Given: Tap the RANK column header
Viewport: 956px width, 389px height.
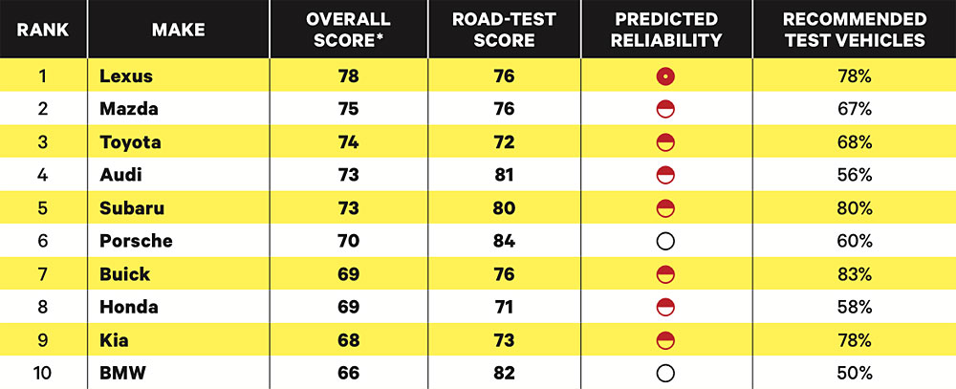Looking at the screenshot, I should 43,30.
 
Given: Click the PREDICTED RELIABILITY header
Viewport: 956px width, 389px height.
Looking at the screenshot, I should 666,30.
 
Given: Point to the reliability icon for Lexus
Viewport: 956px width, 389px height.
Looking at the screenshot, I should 666,76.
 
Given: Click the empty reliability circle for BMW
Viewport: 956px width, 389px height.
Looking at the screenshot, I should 666,373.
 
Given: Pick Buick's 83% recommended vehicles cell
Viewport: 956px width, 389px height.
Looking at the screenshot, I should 854,274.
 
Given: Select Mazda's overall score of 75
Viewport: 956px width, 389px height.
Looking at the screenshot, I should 348,109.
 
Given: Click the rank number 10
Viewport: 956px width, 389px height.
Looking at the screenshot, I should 43,373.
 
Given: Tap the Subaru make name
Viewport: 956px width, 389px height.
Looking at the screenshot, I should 132,208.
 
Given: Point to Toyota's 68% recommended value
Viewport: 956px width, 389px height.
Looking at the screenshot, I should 854,142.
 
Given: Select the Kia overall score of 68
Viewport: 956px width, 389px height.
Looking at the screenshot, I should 348,340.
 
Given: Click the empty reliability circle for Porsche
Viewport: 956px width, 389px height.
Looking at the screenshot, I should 666,241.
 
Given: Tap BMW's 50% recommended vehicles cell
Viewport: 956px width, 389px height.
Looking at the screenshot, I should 854,373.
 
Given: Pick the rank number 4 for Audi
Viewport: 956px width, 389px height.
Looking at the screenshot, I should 43,175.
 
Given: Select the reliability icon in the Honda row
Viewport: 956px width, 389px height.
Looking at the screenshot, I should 666,307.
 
